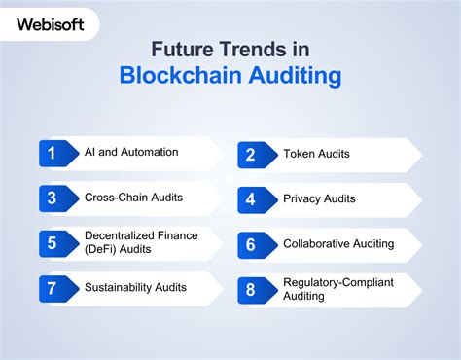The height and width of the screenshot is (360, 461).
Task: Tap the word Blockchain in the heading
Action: (176, 76)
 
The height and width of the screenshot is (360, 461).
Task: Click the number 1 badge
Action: (53, 153)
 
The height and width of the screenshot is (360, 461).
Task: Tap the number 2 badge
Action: (251, 154)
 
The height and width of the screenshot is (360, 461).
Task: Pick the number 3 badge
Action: (53, 198)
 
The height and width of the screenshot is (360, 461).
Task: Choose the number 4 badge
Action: (251, 198)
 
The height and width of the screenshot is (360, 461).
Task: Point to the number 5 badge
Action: (53, 243)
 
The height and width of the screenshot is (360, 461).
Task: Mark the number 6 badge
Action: (251, 243)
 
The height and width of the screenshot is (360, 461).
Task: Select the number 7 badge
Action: (53, 288)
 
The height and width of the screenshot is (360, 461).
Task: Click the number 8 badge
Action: (251, 289)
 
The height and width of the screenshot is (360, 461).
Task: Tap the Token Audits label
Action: (317, 154)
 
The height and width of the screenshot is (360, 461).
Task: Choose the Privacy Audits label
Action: (319, 198)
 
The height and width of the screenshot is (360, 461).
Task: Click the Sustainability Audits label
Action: (134, 288)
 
